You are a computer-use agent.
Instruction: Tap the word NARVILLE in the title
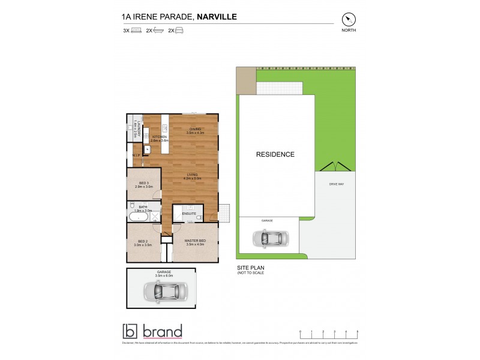[x=217, y=17]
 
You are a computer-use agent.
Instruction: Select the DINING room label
[x=195, y=130]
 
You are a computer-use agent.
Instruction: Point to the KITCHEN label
[x=158, y=137]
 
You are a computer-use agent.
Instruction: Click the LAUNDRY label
[x=139, y=129]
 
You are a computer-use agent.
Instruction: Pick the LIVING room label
[x=192, y=175]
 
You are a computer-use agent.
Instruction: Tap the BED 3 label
[x=143, y=184]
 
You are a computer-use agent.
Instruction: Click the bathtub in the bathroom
[x=137, y=217]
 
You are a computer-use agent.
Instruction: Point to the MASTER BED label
[x=195, y=241]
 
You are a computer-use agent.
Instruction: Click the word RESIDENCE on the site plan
[x=275, y=154]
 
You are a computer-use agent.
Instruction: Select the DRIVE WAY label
[x=336, y=184]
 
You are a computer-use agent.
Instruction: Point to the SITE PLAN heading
[x=250, y=268]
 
